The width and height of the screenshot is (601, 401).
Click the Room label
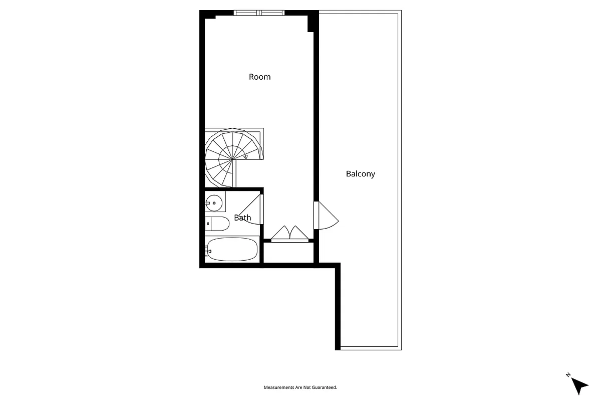[259, 77]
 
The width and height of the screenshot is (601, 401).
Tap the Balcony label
[360, 174]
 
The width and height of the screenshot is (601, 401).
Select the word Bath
[242, 218]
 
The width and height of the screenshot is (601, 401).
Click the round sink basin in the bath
[214, 203]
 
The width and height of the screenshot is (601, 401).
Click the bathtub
[232, 249]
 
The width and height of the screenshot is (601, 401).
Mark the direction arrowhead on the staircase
[245, 157]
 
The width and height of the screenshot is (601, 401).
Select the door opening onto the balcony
[327, 216]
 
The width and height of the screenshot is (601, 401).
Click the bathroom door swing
[250, 211]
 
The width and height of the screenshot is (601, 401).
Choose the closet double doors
[289, 234]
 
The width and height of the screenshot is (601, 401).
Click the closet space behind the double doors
[288, 252]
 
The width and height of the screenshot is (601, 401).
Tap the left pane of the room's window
[247, 13]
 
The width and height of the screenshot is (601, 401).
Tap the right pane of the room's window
[272, 13]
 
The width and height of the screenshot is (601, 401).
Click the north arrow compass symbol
[580, 385]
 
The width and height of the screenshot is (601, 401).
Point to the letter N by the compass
[568, 374]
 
